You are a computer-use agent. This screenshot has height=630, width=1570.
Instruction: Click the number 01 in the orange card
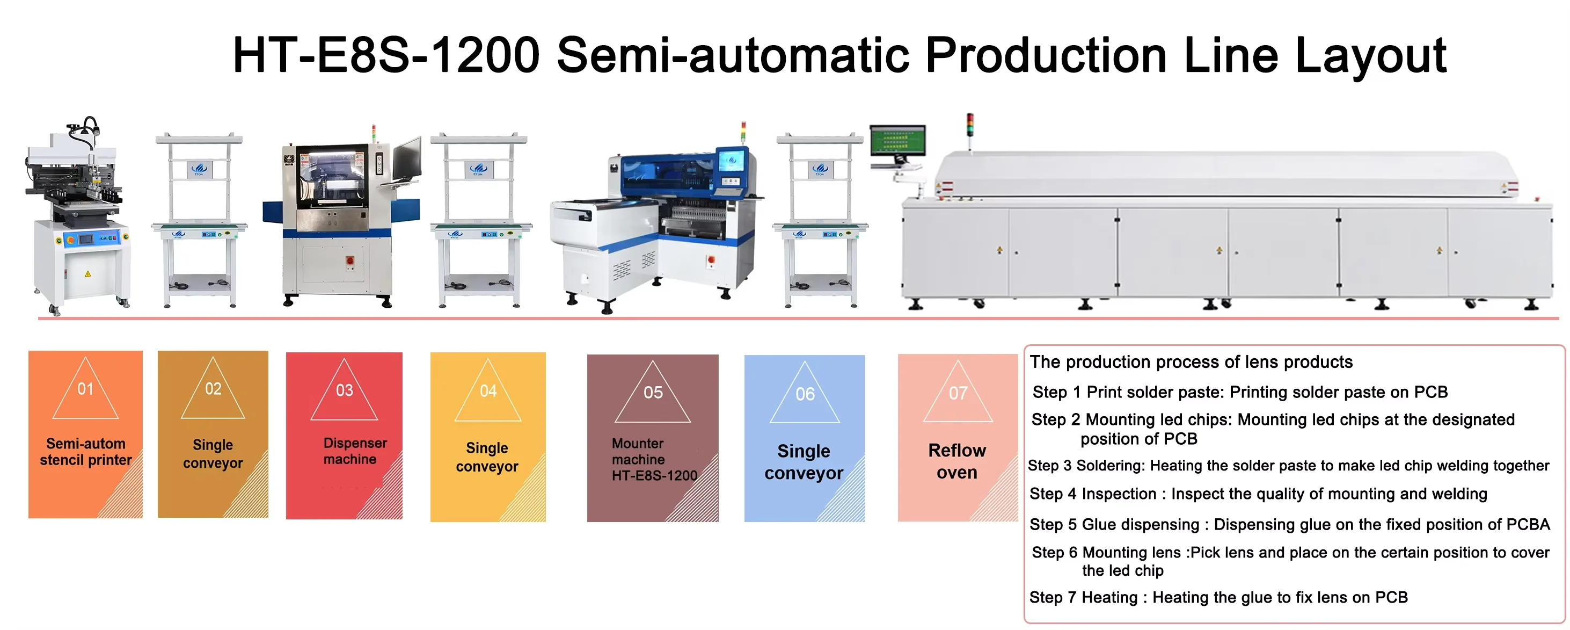[x=85, y=388]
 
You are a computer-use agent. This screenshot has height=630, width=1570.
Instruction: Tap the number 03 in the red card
[x=345, y=390]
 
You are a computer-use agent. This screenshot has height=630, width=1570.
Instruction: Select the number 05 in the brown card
[x=653, y=392]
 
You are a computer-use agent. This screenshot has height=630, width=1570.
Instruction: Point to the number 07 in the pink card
[x=958, y=393]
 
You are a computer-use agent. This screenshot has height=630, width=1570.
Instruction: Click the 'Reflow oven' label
[x=957, y=461]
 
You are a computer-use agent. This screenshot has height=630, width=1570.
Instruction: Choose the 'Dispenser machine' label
[x=355, y=451]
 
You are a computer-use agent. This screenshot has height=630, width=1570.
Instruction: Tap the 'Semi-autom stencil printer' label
[x=86, y=452]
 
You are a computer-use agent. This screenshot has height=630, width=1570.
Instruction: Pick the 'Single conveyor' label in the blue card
[x=804, y=462]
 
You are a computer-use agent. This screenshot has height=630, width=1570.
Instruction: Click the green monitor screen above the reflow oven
[x=897, y=141]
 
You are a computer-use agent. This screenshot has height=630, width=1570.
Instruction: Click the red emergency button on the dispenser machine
[x=350, y=260]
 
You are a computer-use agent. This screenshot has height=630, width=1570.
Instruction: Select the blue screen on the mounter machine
[x=731, y=161]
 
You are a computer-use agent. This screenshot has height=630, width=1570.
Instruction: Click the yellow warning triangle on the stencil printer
[x=88, y=274]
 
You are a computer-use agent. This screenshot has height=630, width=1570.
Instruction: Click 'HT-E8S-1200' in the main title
[x=386, y=55]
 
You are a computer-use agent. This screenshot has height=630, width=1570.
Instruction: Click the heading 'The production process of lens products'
[x=1191, y=363]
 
